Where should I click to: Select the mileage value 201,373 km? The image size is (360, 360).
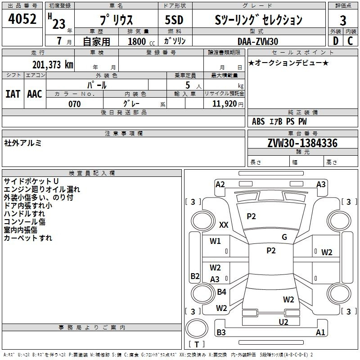tap(52, 65)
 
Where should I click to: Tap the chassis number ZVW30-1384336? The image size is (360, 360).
tap(302, 144)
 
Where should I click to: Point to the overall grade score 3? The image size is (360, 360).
tap(343, 21)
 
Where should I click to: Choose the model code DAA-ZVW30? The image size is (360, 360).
tap(258, 41)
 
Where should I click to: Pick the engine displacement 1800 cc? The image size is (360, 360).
tap(138, 42)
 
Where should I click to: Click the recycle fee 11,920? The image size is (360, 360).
tap(224, 104)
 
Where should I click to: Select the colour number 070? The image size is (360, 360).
tap(75, 104)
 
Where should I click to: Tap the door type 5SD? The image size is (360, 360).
tap(174, 20)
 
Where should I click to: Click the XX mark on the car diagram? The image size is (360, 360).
tap(224, 225)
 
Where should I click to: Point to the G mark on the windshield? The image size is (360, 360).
tap(284, 237)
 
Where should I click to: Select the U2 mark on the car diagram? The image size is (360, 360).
tap(283, 322)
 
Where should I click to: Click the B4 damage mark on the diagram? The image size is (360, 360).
tap(221, 292)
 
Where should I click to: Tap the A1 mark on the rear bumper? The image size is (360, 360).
tap(320, 333)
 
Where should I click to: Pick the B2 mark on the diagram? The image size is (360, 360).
tap(195, 276)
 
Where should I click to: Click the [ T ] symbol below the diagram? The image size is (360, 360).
tap(197, 344)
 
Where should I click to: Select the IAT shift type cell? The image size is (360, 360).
tap(13, 94)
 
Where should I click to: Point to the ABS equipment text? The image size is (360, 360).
tap(258, 121)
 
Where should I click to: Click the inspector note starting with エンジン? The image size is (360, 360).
tap(42, 189)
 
